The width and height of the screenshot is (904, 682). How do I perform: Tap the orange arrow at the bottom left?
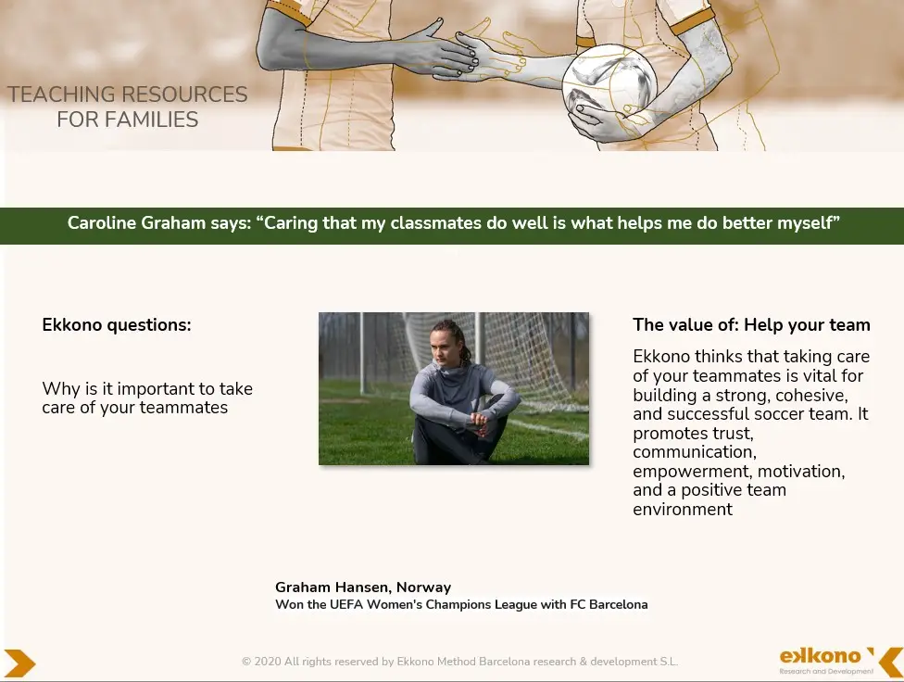pos(19,663)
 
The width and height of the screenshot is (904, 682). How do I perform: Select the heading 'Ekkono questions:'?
pos(117,325)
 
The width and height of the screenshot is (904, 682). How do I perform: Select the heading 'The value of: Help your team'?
pos(751,325)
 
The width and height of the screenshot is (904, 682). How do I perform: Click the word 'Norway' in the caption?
pos(424,587)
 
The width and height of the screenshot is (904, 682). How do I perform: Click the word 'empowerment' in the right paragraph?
pos(693,472)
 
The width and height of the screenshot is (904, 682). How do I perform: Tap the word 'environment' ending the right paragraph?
pos(683,510)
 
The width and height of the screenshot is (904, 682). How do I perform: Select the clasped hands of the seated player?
pos(479,423)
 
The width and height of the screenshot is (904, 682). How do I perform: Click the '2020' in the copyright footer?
pos(267,662)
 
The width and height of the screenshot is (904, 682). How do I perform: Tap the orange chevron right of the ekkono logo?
pos(892,662)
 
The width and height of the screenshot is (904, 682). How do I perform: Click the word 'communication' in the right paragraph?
pos(695,452)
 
